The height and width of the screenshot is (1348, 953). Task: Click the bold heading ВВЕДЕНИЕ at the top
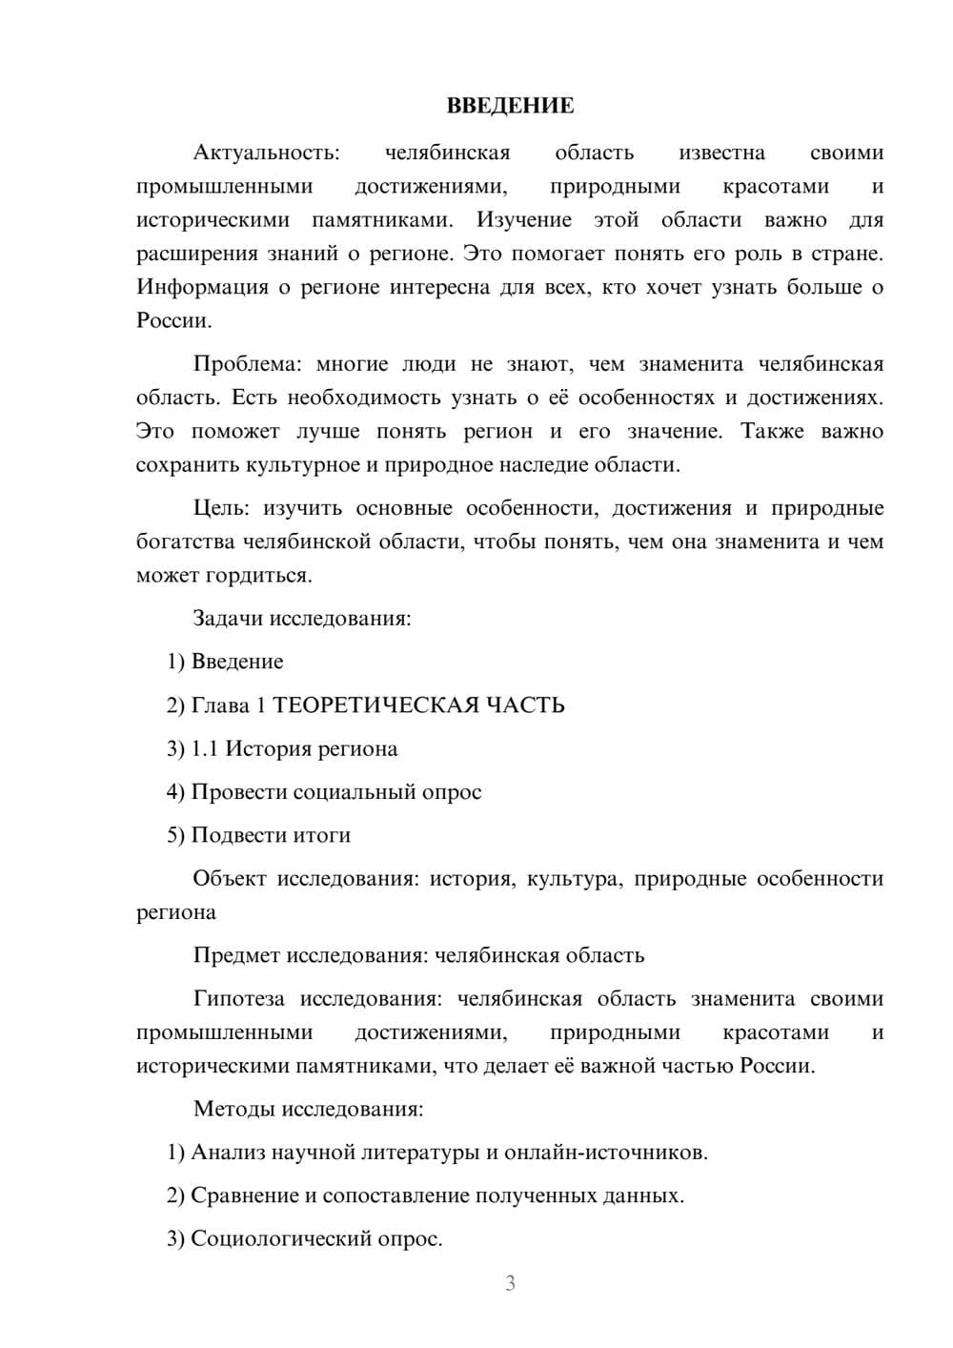click(510, 106)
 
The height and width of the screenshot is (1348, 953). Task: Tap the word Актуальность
click(266, 153)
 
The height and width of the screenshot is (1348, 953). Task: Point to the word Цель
click(219, 508)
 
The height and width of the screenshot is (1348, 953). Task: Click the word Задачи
click(228, 618)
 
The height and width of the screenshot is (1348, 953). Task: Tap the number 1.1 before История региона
click(205, 748)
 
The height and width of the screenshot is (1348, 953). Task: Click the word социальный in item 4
click(354, 791)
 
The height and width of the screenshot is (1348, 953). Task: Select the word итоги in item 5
click(319, 835)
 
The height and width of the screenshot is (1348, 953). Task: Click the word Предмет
click(237, 955)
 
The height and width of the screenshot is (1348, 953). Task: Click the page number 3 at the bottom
click(510, 1283)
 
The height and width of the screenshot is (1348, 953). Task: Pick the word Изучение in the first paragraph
click(524, 220)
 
